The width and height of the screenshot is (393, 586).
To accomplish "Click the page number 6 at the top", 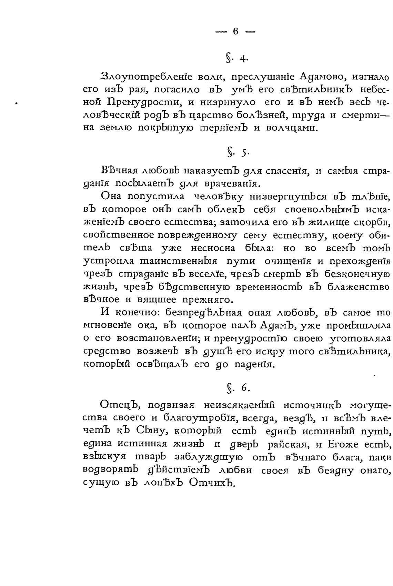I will tap(235, 31).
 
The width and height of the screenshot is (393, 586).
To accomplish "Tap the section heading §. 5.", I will tap(236, 152).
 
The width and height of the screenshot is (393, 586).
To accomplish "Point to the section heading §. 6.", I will tap(236, 388).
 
